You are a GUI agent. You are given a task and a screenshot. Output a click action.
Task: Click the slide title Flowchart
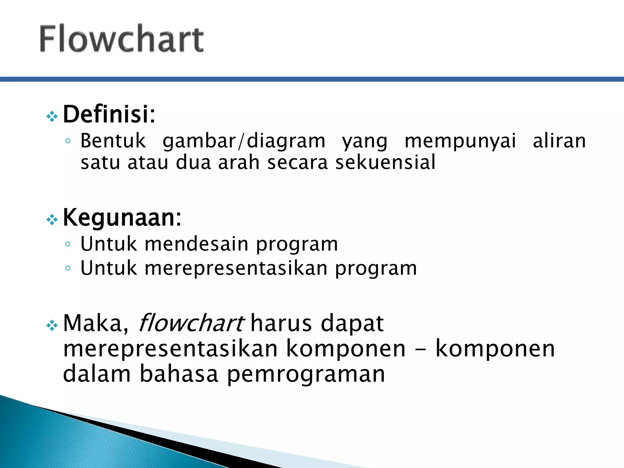point(121,39)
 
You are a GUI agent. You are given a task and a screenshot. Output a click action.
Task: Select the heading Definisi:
point(109,114)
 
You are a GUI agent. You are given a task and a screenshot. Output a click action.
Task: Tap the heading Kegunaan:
point(122,218)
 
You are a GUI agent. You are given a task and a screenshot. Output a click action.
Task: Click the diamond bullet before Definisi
point(52,116)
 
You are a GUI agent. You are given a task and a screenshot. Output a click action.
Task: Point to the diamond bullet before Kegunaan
point(52,219)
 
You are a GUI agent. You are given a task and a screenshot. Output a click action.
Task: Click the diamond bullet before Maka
point(52,325)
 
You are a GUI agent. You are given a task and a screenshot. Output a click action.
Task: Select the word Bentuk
point(113,141)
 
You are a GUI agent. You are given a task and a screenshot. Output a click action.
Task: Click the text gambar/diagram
point(244,141)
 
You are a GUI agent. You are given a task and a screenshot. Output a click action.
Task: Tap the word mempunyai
point(460,141)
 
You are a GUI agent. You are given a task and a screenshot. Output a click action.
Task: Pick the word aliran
point(559,141)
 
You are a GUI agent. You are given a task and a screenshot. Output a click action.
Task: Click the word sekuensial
point(385,162)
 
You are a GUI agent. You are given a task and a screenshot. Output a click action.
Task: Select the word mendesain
point(197,244)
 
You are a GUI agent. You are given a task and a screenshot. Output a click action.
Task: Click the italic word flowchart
point(191,323)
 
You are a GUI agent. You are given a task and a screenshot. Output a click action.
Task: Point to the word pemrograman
point(306,375)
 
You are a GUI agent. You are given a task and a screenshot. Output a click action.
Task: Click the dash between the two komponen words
point(420,349)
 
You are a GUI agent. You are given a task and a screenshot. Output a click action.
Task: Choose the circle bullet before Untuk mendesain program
point(68,244)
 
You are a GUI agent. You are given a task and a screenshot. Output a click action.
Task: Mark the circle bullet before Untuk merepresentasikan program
point(68,268)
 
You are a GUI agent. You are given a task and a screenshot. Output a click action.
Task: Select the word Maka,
point(96,324)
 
